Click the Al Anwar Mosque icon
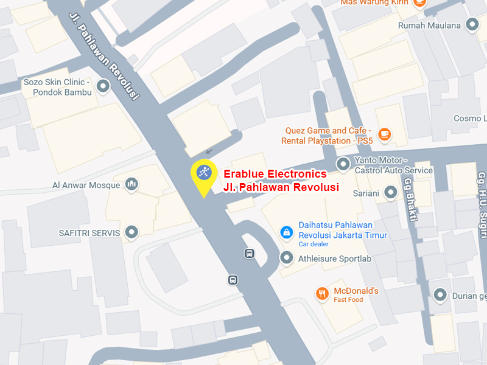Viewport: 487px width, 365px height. [131, 184]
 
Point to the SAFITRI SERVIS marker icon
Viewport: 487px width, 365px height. [131, 232]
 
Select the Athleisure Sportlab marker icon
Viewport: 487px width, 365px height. [286, 258]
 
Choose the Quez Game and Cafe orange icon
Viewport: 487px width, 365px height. [384, 134]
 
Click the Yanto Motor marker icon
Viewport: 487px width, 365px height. [344, 163]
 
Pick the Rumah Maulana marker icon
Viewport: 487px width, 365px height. [472, 25]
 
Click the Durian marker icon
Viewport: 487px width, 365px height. [441, 296]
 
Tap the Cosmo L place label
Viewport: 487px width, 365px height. [470, 118]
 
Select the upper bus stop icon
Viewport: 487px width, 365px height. [249, 254]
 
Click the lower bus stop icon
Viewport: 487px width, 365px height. [233, 280]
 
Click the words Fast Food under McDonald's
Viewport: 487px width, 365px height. [348, 300]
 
